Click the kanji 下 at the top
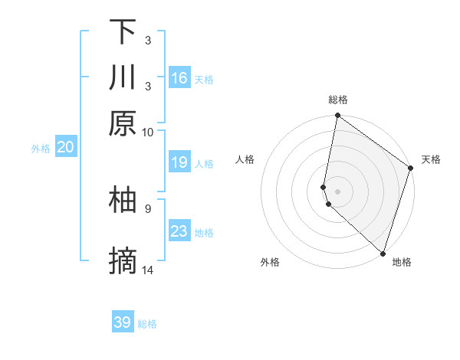pos(123,32)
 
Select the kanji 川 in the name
pos(123,77)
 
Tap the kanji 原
pos(123,123)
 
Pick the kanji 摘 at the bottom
pos(123,263)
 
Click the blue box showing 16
pos(179,77)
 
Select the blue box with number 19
pos(179,162)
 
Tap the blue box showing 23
pos(179,231)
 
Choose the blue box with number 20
pos(65,148)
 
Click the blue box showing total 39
pos(123,322)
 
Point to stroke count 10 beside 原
pos(147,132)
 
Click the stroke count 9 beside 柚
pos(147,208)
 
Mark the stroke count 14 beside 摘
pos(148,270)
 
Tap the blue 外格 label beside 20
pos(41,149)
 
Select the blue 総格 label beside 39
pos(147,324)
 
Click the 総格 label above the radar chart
pos(337,100)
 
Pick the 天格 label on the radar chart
pos(431,159)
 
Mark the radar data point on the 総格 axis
pos(337,116)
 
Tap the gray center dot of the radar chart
pos(337,190)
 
